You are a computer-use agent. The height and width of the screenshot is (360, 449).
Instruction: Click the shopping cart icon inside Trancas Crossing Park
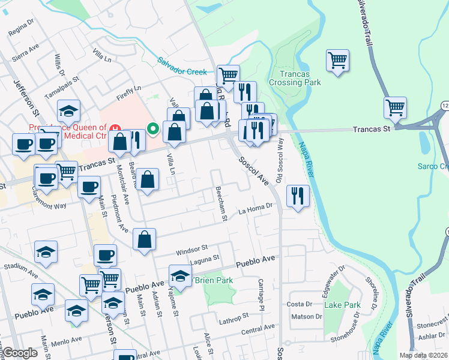(x=338, y=60)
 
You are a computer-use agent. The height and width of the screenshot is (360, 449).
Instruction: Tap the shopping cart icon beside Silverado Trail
(x=396, y=108)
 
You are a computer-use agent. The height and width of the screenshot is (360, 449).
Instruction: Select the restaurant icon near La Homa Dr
(x=297, y=196)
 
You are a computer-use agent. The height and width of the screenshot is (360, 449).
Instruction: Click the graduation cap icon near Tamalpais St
(x=68, y=111)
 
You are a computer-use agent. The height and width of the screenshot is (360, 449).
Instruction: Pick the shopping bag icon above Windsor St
(x=144, y=239)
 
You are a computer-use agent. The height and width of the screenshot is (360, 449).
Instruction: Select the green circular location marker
(x=154, y=128)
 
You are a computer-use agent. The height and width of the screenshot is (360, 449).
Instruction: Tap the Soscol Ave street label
(x=253, y=170)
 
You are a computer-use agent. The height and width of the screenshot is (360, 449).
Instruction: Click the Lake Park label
(x=342, y=305)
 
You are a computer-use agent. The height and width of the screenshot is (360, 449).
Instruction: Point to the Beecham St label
(x=221, y=203)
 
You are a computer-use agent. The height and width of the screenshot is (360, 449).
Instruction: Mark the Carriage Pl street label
(x=261, y=294)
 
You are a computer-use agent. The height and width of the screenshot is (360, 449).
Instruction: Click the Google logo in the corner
(x=20, y=353)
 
